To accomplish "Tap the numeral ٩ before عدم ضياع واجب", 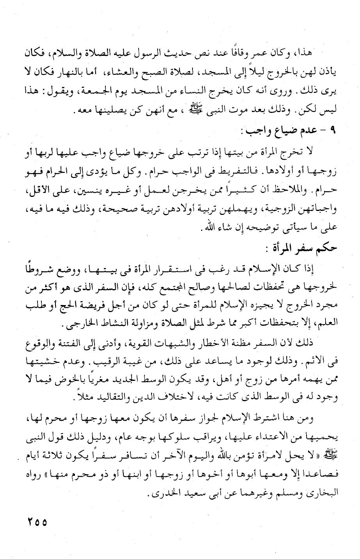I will coord(333,130).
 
